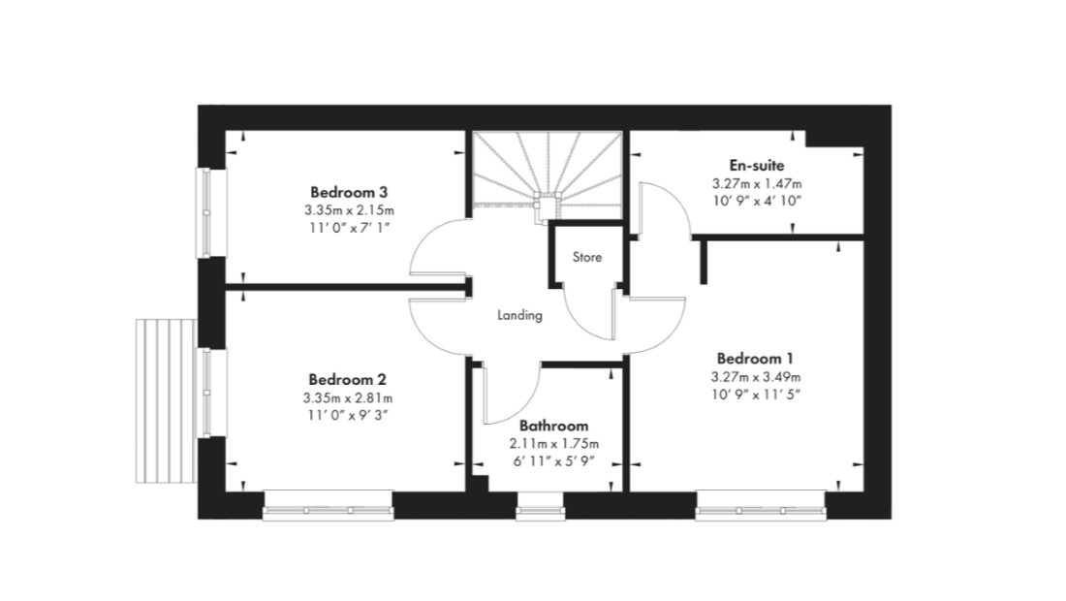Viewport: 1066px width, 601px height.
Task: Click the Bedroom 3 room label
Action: pos(349,192)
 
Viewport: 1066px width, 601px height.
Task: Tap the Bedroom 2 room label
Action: pos(347,379)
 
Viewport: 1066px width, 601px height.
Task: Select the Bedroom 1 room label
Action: pos(755,359)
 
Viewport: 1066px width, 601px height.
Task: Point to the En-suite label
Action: pos(757,165)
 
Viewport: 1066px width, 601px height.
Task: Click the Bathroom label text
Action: pos(553,426)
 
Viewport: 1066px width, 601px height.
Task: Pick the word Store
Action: pos(586,257)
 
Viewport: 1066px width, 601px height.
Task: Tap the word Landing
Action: pos(520,315)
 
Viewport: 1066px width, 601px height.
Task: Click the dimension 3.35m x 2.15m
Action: pos(349,210)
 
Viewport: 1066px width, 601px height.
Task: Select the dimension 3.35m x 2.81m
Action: pos(347,397)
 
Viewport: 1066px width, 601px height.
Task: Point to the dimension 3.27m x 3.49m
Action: pos(755,377)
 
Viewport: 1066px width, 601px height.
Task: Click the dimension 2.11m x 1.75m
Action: pos(554,444)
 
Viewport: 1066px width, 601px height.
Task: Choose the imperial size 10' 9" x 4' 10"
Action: pos(757,202)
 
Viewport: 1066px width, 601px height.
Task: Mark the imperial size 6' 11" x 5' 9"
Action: pos(554,461)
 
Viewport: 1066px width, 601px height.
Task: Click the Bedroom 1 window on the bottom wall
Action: pos(761,507)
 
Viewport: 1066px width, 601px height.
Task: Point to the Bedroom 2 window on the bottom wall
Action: pos(329,507)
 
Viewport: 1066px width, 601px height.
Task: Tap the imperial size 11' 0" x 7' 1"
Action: pos(349,228)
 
